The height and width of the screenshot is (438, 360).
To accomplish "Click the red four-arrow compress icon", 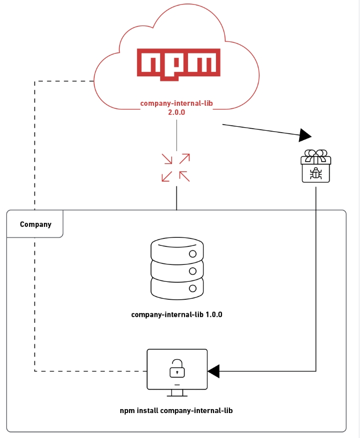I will pos(176,167).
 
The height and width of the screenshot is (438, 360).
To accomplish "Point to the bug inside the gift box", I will pos(316,173).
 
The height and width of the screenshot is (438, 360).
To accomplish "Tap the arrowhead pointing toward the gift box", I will pos(305,135).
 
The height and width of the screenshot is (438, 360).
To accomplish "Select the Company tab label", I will pos(35,224).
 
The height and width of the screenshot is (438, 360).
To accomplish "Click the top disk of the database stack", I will pos(177,248).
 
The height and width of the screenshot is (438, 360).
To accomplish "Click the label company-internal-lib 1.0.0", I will pos(177,315).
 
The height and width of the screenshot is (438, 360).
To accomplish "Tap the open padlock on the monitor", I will pos(177,368).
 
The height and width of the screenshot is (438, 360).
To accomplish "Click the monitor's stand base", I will pos(177,395).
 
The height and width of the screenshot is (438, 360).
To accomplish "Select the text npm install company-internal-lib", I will pos(177,411).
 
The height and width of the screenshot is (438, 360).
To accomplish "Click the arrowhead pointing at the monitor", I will pos(214,371).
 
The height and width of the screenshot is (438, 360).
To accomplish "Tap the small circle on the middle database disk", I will pos(192,271).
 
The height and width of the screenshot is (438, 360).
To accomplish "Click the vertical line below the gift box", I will pos(316,274).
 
